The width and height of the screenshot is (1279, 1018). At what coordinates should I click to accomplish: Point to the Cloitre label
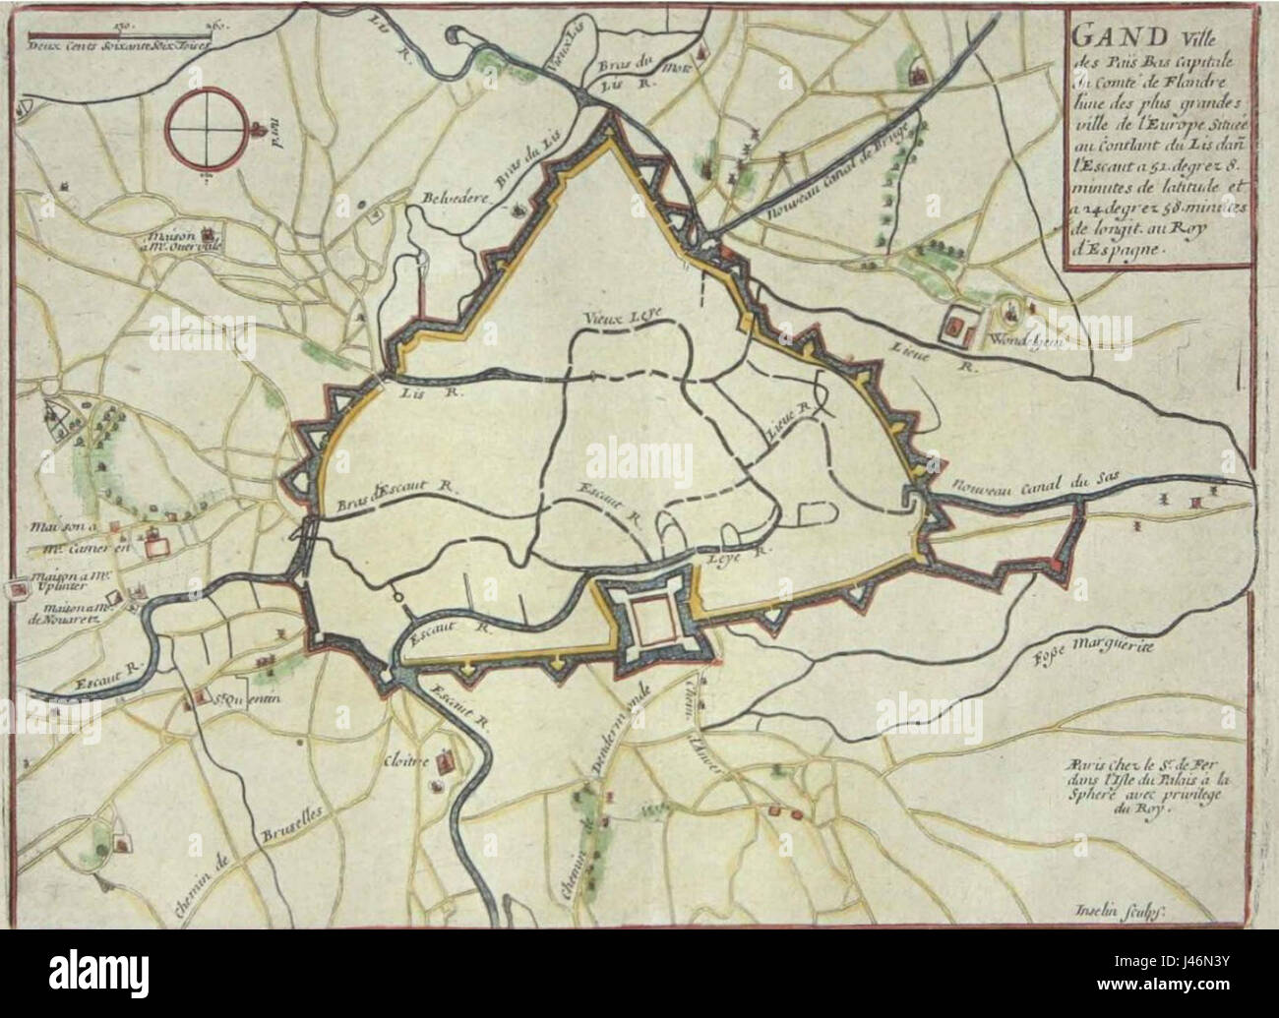click(403, 762)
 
